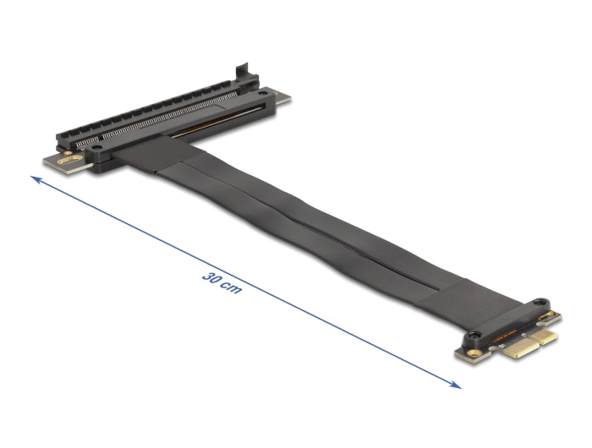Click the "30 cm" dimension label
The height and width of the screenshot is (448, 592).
point(222,281)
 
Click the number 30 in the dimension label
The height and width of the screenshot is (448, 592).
point(211,276)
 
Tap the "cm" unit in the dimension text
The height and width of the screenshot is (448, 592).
point(232,287)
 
